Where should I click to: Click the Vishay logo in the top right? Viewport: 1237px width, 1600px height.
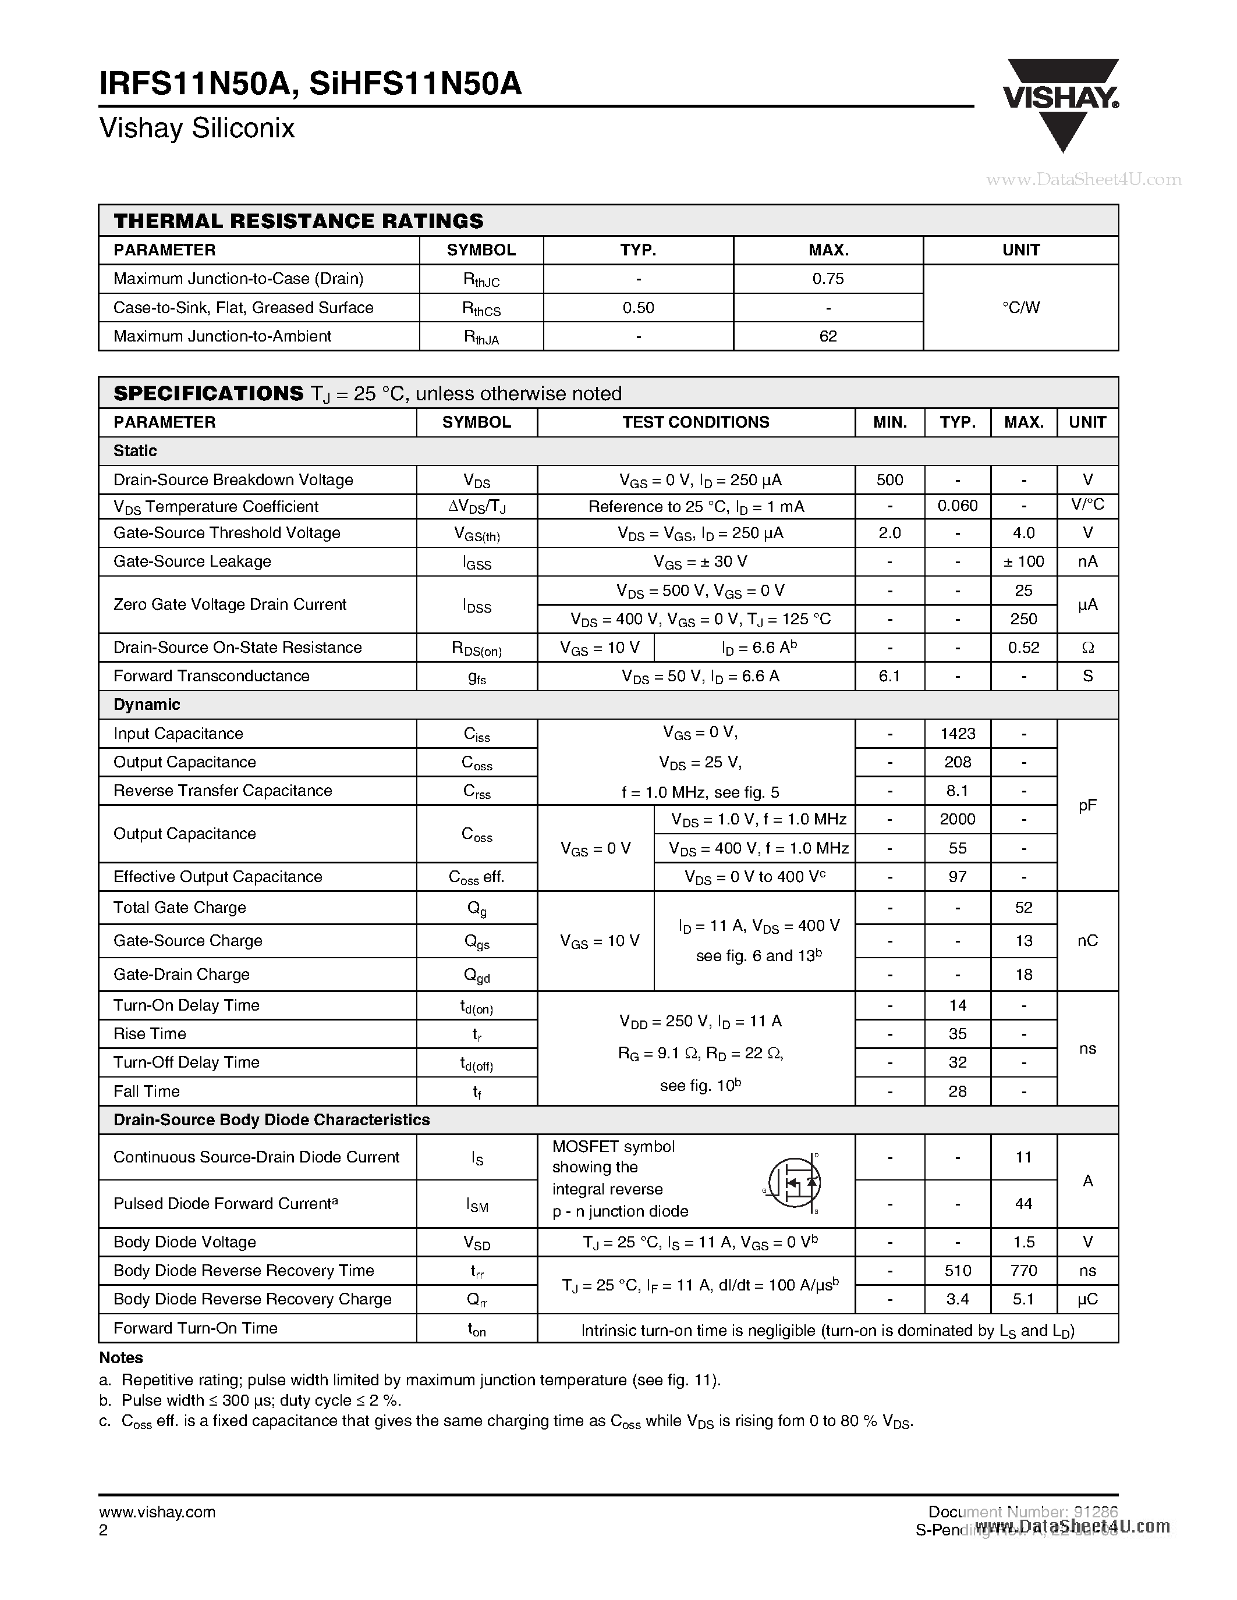pyautogui.click(x=1061, y=102)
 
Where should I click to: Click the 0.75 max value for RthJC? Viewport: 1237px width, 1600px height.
pyautogui.click(x=828, y=278)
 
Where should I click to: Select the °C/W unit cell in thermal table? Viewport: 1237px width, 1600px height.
pyautogui.click(x=1021, y=308)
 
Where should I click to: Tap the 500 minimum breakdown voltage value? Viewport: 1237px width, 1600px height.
pyautogui.click(x=889, y=480)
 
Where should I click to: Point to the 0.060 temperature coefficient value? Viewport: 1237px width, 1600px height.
pyautogui.click(x=957, y=506)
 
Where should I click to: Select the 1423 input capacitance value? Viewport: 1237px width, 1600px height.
pyautogui.click(x=957, y=733)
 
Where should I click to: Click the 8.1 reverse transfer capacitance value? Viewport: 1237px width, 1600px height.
pyautogui.click(x=957, y=791)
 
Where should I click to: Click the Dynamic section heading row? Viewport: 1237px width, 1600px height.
pyautogui.click(x=147, y=705)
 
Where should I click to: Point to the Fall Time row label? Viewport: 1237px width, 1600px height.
pyautogui.click(x=147, y=1091)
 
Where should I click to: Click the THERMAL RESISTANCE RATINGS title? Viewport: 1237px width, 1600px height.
pyautogui.click(x=298, y=221)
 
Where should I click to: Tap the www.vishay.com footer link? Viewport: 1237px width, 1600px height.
pyautogui.click(x=157, y=1512)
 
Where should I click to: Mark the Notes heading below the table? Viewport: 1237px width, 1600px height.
pyautogui.click(x=121, y=1358)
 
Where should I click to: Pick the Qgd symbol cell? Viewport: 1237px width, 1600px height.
pyautogui.click(x=476, y=975)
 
